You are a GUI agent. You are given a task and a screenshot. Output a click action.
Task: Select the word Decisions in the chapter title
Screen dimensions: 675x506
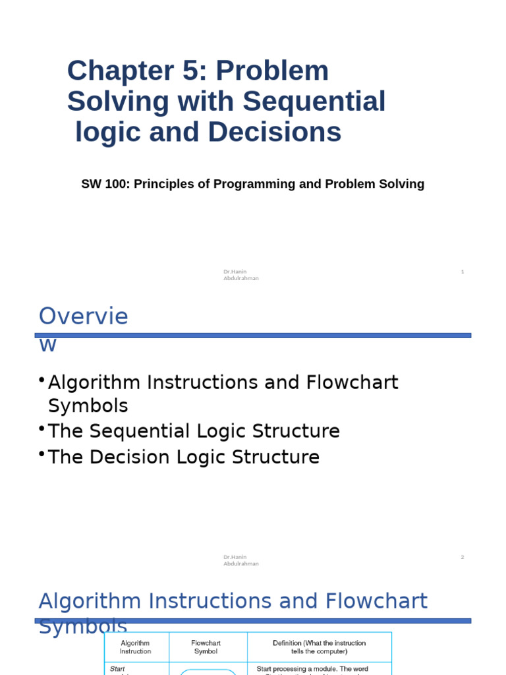pos(275,132)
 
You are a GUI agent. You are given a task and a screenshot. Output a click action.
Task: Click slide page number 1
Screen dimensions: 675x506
pos(463,272)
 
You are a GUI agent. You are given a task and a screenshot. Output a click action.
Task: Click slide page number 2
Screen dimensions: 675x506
pos(463,557)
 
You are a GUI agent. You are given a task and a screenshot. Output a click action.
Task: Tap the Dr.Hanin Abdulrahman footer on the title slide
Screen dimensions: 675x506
pos(240,275)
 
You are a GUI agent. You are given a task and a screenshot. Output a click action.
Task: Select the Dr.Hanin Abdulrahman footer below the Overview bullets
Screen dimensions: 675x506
pos(240,560)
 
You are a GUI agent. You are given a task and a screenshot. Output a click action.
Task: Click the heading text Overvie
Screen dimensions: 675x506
pos(84,317)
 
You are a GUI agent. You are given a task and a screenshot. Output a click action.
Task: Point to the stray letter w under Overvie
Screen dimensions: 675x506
pos(48,346)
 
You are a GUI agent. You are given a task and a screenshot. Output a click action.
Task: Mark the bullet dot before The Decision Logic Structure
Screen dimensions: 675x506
pos(42,454)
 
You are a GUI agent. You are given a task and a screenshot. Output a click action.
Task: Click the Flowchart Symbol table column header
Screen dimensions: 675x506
pos(206,647)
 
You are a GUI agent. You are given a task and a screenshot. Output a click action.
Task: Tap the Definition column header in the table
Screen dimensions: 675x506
pos(319,647)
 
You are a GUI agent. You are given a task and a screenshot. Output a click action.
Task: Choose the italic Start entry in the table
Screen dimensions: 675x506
pos(117,668)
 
